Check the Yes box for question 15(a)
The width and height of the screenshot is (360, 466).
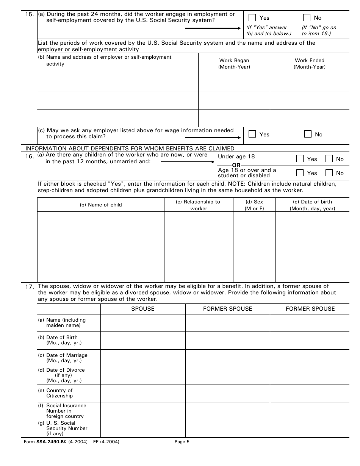[252, 17]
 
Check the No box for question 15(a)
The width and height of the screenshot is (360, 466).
[307, 17]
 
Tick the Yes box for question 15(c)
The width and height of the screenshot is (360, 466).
[252, 134]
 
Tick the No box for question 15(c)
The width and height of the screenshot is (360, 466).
[308, 134]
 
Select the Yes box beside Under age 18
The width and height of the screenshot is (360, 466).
[300, 159]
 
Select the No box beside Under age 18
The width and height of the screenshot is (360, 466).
[329, 159]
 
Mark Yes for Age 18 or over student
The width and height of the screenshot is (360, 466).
[300, 173]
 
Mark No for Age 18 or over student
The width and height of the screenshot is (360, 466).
[329, 173]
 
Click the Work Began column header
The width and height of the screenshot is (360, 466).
[234, 64]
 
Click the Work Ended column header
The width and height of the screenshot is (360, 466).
[310, 64]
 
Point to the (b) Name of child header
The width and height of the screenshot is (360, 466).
[101, 205]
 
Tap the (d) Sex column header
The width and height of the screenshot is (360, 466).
[254, 205]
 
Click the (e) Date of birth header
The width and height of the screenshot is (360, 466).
[313, 205]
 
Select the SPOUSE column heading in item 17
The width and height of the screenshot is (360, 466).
[143, 309]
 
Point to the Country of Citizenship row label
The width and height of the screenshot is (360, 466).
[59, 393]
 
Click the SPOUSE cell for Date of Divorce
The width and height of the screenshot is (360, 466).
[143, 375]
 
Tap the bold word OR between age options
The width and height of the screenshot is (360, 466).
[236, 165]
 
